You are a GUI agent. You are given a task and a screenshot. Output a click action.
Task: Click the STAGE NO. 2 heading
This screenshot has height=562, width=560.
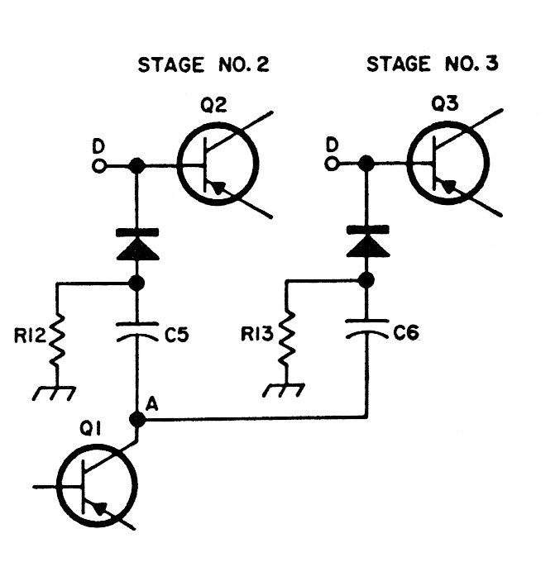pos(203,65)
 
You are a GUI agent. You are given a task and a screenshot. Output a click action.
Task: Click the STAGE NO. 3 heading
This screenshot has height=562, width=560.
pos(433,64)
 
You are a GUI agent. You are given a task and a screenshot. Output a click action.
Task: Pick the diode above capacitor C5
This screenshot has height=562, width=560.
pos(137,244)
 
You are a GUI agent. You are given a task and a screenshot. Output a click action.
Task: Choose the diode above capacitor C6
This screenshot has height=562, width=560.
pos(366,240)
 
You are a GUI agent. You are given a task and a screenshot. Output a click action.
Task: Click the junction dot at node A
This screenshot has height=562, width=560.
pos(137,420)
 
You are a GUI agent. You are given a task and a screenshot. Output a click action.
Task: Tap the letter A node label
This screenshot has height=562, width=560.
pos(152,404)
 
